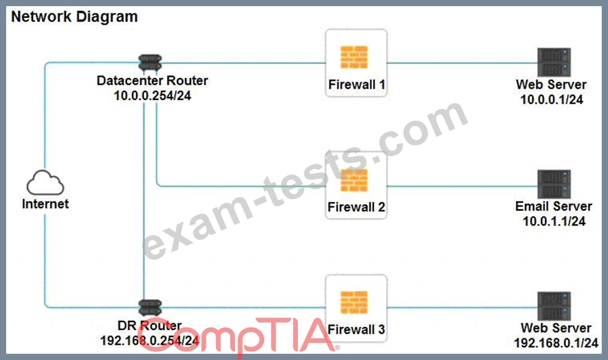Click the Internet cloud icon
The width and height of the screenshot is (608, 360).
45,182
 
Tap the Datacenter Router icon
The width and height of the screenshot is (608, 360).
150,63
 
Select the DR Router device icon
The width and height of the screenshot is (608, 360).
150,308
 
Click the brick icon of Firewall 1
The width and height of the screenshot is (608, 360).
354,57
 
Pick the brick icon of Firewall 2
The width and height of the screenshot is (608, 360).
354,180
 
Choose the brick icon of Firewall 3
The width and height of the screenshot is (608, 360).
354,303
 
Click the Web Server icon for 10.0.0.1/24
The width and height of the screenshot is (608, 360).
554,62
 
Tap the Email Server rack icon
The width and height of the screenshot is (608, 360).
554,184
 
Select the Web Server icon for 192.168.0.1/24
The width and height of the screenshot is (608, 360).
554,306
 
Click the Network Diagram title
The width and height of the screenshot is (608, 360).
74,16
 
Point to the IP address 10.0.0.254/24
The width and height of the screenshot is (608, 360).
153,96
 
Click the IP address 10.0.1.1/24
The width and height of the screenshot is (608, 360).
554,221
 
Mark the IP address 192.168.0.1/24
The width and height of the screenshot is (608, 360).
556,343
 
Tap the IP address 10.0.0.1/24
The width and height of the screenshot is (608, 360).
552,99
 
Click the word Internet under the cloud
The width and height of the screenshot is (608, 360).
45,204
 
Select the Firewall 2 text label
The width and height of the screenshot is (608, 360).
356,207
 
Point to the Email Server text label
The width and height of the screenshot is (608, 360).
554,206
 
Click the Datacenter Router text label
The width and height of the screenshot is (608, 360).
153,81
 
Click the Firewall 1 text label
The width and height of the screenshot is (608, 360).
356,84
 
